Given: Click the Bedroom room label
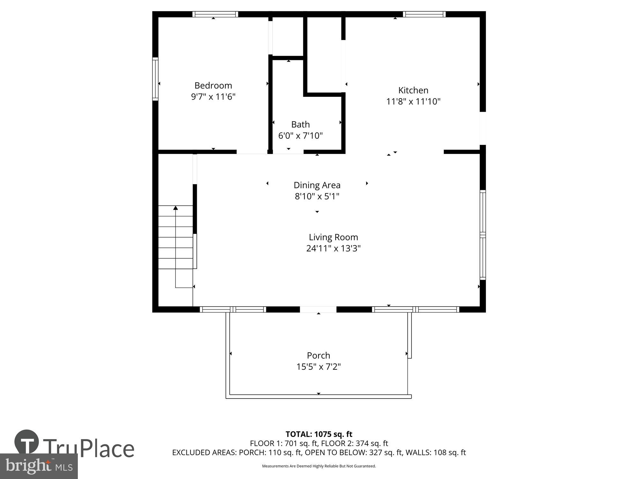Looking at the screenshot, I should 213,86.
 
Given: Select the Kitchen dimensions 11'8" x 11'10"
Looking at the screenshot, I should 413,102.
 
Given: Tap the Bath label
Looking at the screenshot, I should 300,124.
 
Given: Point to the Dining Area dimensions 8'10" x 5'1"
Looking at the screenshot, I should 317,196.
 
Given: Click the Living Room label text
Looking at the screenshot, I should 333,237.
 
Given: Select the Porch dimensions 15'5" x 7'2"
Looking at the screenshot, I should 318,367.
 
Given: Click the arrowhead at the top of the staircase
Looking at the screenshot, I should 175,208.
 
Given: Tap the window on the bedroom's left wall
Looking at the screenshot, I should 155,79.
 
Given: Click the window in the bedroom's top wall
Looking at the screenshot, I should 215,14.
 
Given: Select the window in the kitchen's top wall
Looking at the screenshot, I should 424,14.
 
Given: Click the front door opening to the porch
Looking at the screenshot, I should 318,309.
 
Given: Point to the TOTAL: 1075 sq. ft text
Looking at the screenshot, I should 319,434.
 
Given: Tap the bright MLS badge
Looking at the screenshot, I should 39,466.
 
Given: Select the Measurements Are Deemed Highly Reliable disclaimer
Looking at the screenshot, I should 319,466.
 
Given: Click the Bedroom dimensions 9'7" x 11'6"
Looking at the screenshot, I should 213,97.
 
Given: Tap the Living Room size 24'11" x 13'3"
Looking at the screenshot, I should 333,248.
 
